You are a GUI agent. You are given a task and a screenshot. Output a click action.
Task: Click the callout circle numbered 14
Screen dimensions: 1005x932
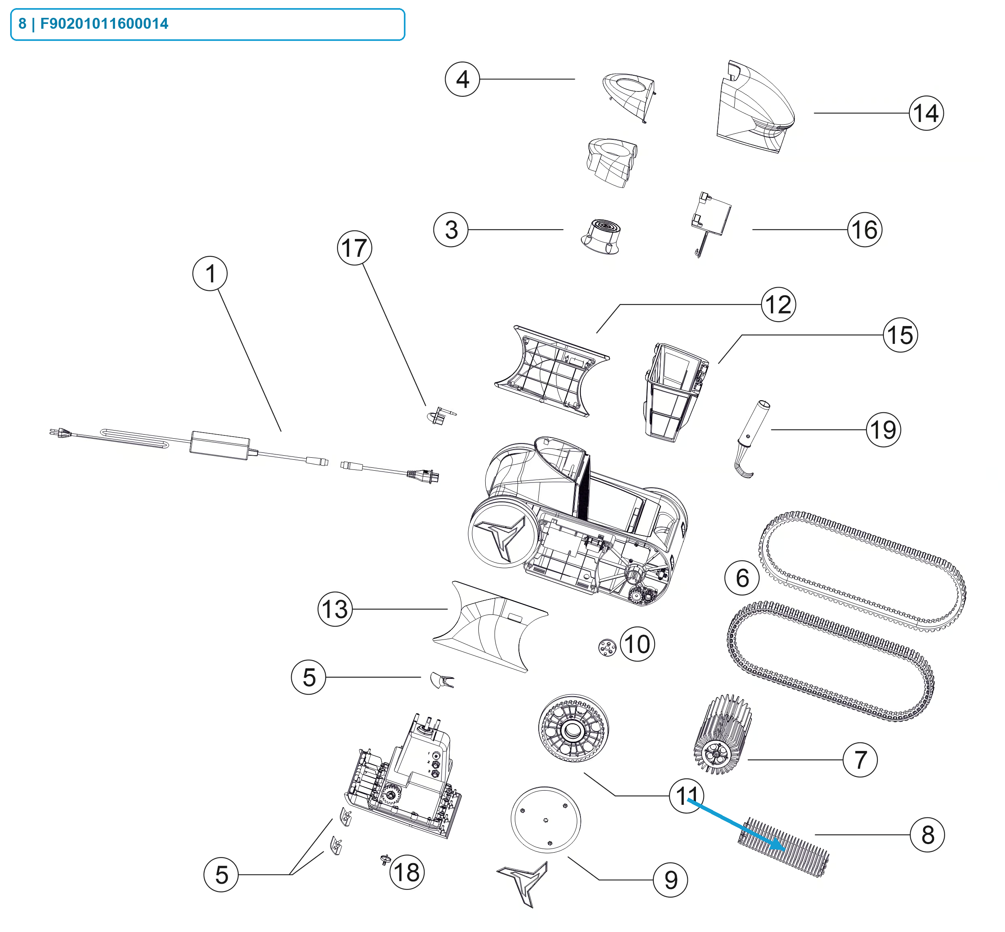[926, 113]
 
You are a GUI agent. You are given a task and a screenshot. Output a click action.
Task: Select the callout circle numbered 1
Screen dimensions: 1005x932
[210, 274]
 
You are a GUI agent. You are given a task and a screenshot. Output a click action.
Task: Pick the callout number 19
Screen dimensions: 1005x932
[883, 430]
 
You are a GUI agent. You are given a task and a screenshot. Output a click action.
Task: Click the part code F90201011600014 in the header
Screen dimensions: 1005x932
[104, 24]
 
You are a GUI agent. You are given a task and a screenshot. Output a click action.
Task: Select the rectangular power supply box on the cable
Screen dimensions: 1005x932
[220, 445]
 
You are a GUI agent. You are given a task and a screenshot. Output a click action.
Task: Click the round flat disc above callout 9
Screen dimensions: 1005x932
[546, 819]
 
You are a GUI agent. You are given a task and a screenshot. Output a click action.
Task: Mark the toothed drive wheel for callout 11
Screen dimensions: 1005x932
[573, 729]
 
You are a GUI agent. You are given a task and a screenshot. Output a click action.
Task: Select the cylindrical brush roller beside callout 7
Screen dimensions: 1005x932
[722, 734]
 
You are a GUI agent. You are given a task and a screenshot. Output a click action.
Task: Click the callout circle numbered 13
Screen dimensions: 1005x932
[335, 609]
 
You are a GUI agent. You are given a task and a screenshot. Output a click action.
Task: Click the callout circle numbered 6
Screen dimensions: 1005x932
[742, 578]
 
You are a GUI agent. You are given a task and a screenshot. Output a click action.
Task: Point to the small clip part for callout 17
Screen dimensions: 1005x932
[440, 416]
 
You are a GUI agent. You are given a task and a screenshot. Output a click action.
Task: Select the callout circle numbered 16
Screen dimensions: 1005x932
[864, 230]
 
